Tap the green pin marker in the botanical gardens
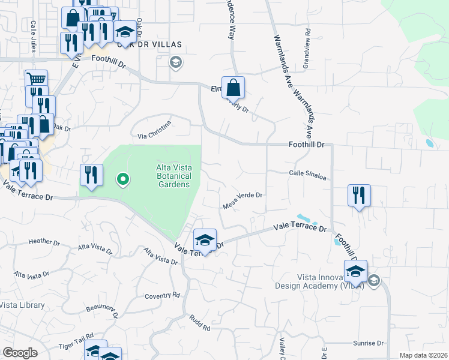[x=122, y=178]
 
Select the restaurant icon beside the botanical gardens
[x=90, y=175]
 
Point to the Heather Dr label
[x=44, y=242]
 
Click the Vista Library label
[x=22, y=305]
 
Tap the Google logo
[x=20, y=352]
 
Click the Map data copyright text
[x=423, y=355]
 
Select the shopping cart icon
[x=36, y=80]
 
